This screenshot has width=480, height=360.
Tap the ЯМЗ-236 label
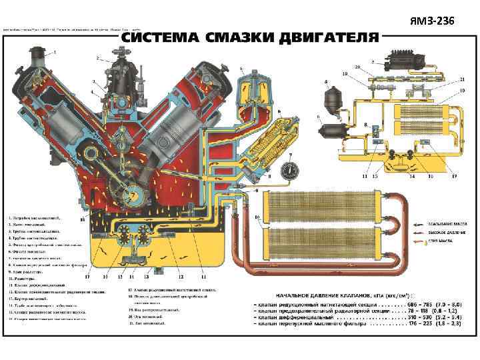click(433, 22)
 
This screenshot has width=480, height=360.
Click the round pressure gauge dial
click(289, 170)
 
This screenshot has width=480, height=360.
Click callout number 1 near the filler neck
click(55, 52)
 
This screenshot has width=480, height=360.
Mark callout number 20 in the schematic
click(357, 67)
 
